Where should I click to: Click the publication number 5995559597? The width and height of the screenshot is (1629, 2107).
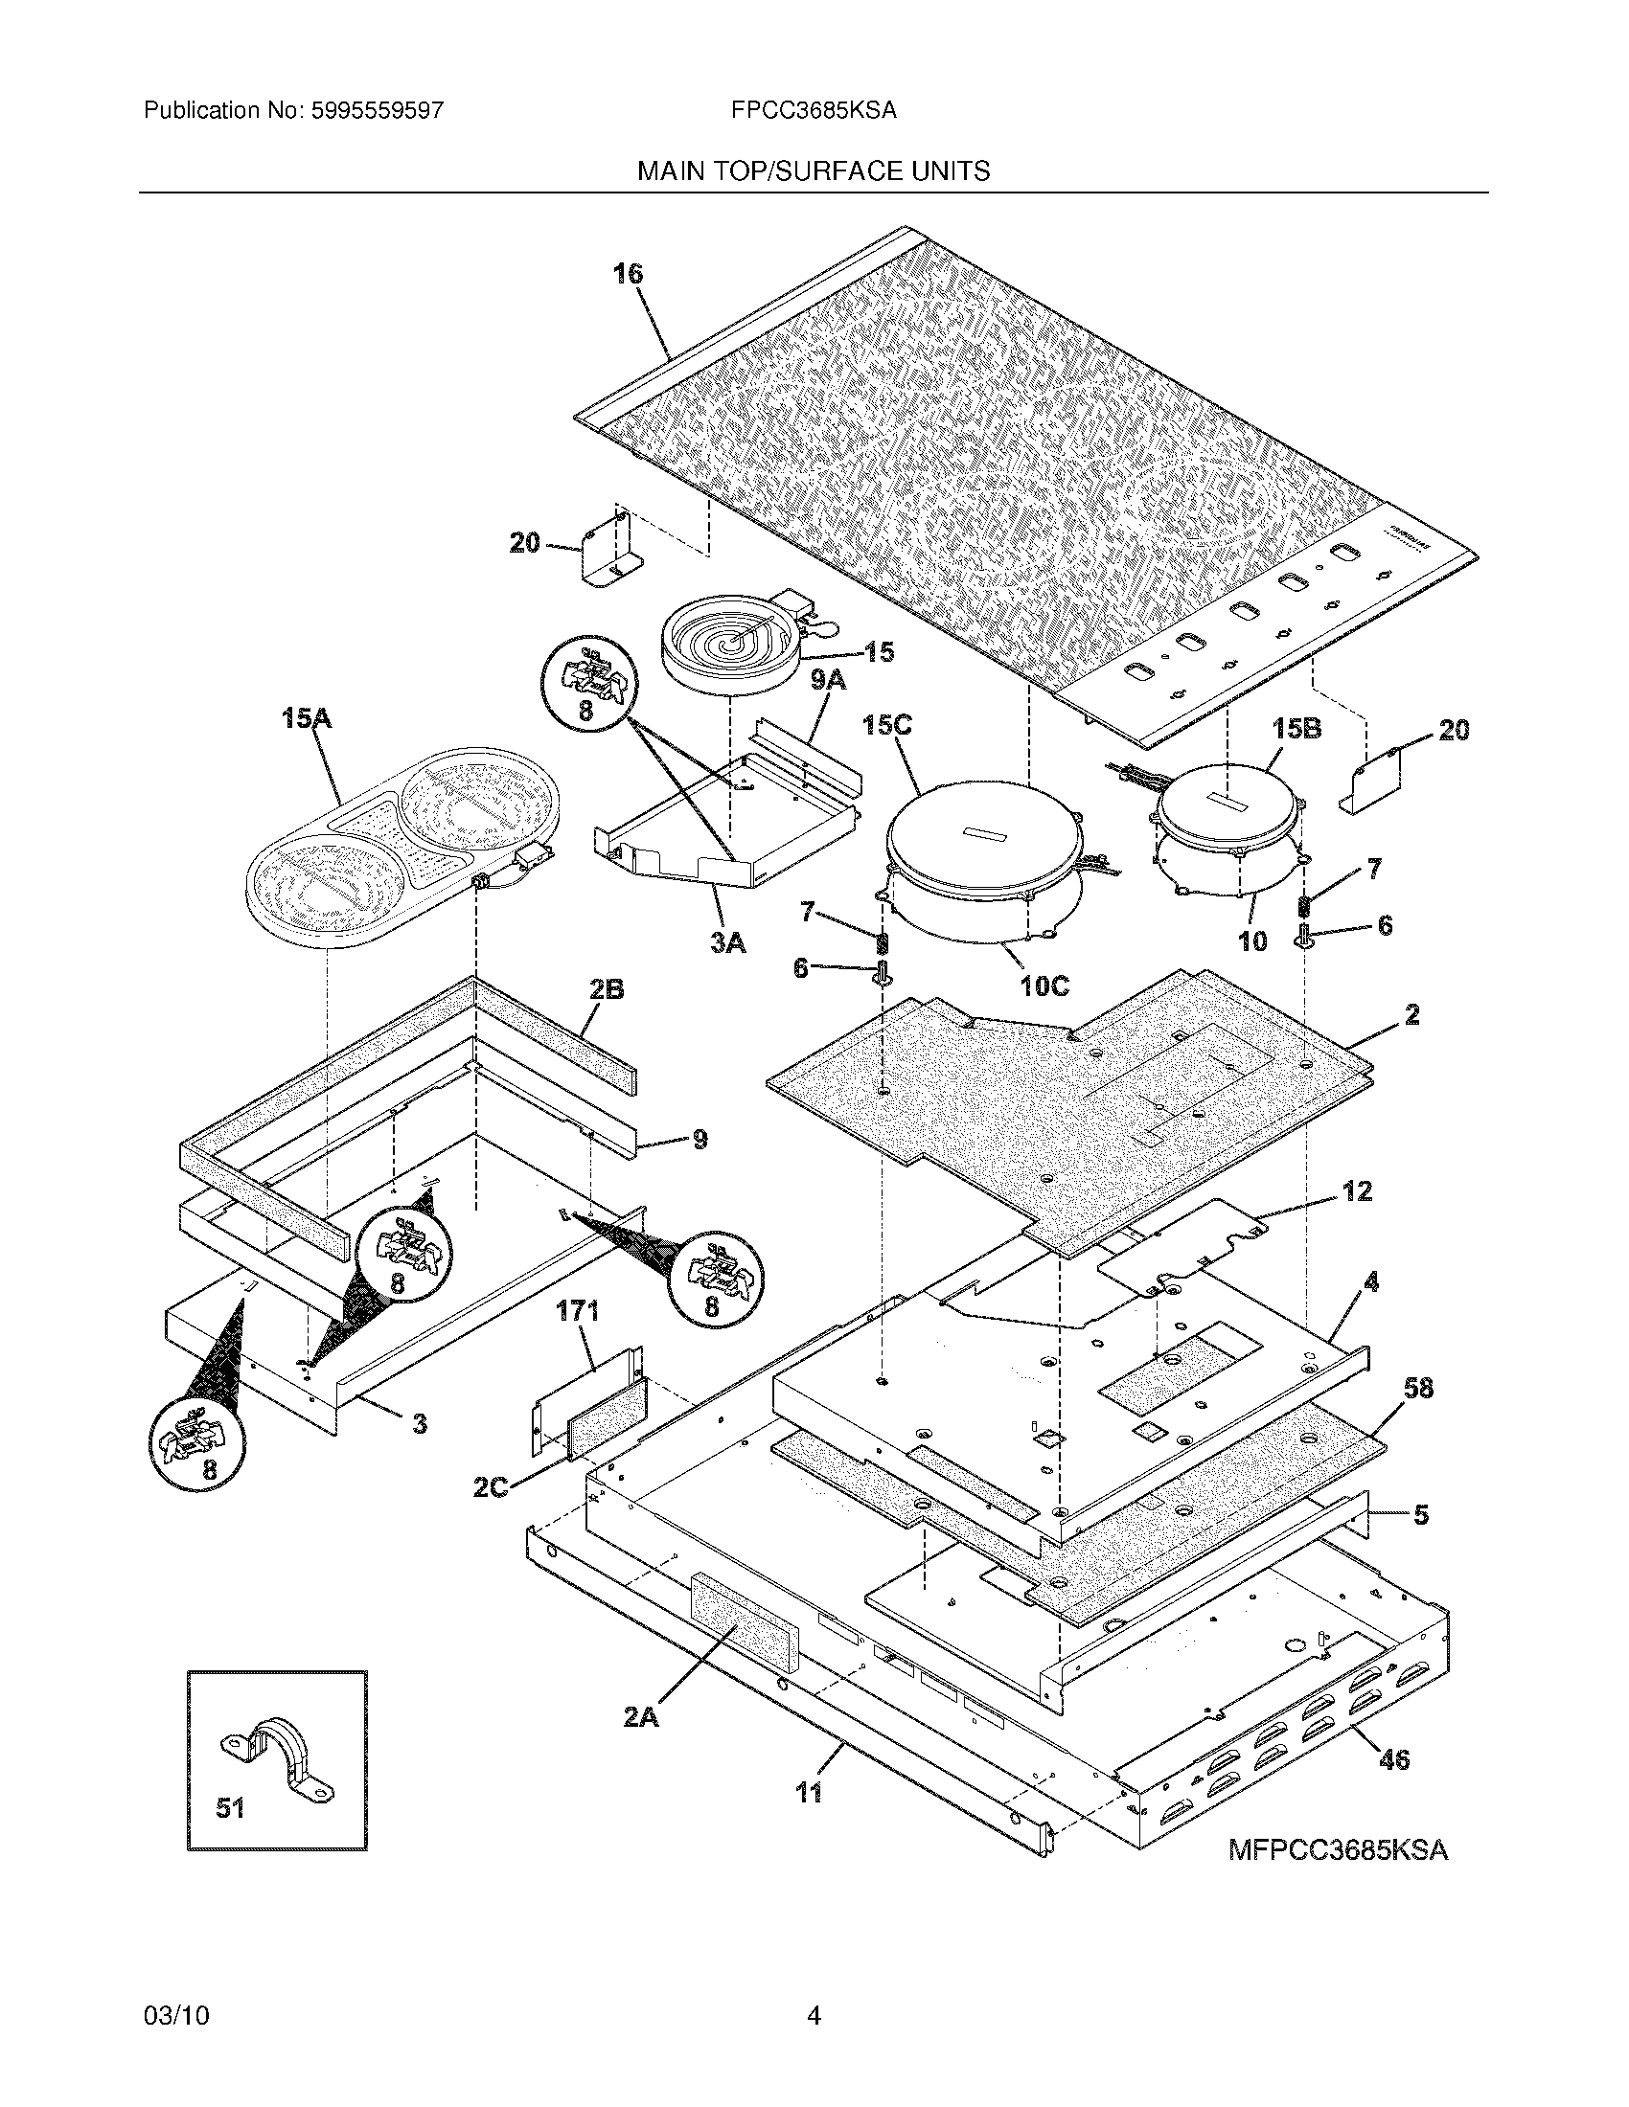[x=378, y=111]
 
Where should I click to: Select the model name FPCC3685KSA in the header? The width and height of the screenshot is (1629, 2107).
[x=814, y=111]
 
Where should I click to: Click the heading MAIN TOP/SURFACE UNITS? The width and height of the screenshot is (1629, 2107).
[x=814, y=171]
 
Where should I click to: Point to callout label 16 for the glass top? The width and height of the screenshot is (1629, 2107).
[x=628, y=274]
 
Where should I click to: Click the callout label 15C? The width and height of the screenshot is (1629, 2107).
[x=888, y=725]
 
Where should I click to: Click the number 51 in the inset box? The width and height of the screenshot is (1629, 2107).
[x=230, y=1808]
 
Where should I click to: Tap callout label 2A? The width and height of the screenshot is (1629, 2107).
[x=640, y=1716]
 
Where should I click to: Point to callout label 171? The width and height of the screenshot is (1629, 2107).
[x=578, y=1310]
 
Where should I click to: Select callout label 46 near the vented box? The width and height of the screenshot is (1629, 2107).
[x=1393, y=1758]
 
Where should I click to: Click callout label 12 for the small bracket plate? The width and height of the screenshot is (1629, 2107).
[x=1357, y=1191]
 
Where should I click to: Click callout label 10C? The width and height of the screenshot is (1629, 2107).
[x=1046, y=986]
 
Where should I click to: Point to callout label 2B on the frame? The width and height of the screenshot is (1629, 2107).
[x=606, y=989]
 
